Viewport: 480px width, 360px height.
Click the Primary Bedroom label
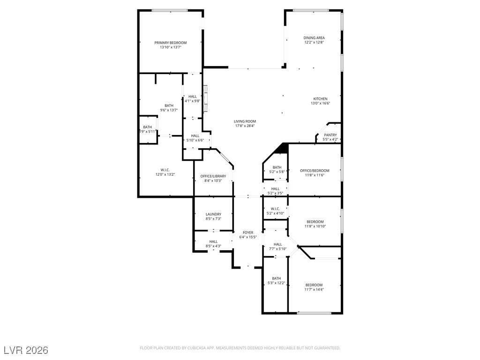[x=170, y=43]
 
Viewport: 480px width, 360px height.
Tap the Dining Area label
[x=314, y=38]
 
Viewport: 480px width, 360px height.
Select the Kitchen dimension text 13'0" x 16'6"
[x=321, y=103]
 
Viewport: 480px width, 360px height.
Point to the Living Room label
[x=245, y=121]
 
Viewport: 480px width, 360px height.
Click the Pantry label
[x=330, y=135]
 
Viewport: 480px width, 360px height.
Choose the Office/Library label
[x=213, y=176]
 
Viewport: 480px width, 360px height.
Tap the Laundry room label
[x=213, y=214]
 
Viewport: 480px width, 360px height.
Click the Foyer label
[x=248, y=232]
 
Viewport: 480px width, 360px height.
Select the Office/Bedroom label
[x=315, y=171]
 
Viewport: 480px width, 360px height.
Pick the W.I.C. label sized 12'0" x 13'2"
[x=165, y=170]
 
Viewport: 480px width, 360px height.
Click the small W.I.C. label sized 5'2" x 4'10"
[x=275, y=209]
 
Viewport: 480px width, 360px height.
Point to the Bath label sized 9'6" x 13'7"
[x=169, y=105]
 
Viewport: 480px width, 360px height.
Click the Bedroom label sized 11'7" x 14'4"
[x=314, y=285]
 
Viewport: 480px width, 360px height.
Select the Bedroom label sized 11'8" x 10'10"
[x=315, y=222]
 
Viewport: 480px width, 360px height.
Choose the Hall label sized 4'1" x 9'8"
[x=192, y=96]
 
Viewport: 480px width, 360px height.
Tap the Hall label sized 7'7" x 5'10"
[x=277, y=244]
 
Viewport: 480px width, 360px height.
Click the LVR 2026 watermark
[x=26, y=350]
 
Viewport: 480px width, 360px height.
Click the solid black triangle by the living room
[x=282, y=149]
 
